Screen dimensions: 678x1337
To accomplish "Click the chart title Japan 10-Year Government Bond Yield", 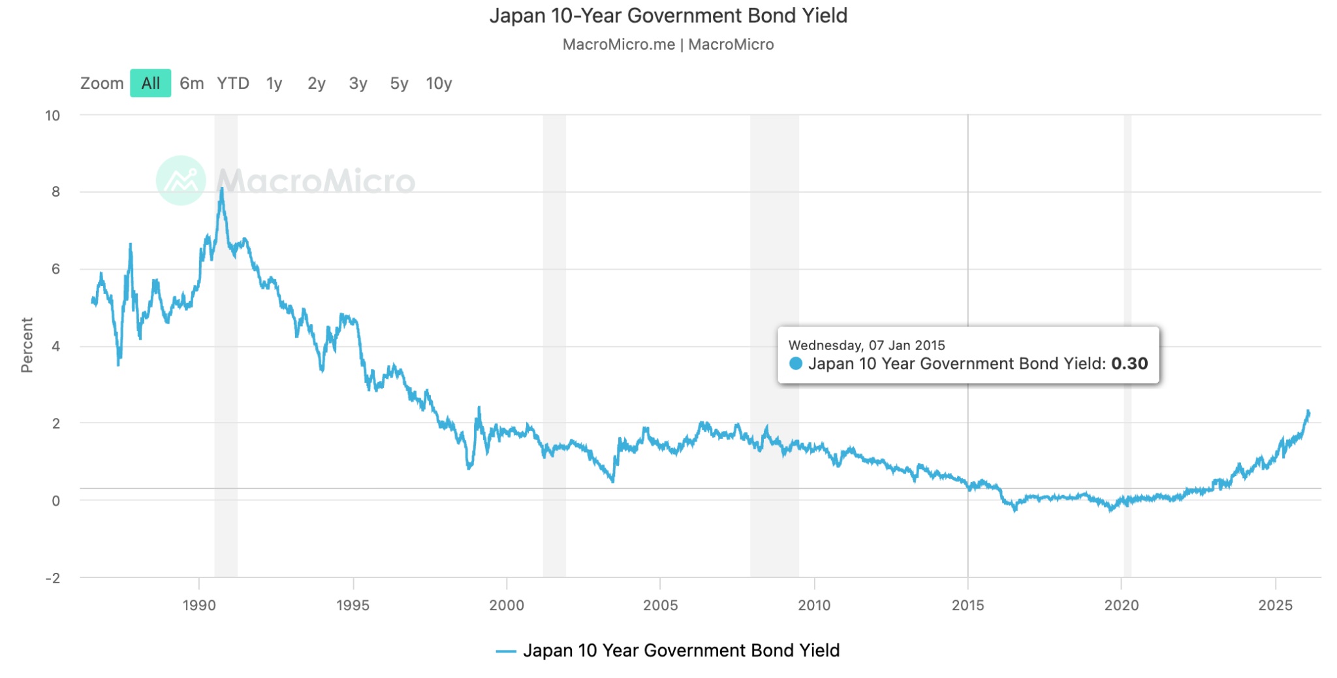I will pos(668,16).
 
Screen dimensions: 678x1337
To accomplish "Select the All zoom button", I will pos(150,83).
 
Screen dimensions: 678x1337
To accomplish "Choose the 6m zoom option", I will pos(191,83).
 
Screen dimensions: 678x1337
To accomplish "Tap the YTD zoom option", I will pos(233,83).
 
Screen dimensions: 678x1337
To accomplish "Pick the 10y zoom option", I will pos(439,83).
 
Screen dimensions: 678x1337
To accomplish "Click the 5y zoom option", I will pos(399,83).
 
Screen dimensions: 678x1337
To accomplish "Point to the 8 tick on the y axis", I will pos(55,191).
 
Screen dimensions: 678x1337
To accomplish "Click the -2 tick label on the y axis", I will pos(53,578).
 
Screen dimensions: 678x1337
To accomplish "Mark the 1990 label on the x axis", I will pos(198,605).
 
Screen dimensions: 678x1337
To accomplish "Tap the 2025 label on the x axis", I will pos(1275,605).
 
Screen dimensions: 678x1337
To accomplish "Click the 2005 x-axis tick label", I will pos(660,605).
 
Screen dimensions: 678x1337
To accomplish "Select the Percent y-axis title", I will pos(27,345).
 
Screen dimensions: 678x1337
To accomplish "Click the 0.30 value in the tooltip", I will pos(1129,364).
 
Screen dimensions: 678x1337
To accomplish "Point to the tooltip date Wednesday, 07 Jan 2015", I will pos(866,345).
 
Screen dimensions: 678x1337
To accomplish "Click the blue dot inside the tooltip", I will pos(795,364).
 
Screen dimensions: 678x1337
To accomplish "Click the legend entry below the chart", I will pos(668,651).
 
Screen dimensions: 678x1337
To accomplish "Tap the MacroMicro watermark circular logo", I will pos(181,180).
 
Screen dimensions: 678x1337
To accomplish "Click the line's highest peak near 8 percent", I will pos(222,189).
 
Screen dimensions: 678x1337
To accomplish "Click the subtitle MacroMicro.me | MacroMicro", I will pos(668,44).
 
